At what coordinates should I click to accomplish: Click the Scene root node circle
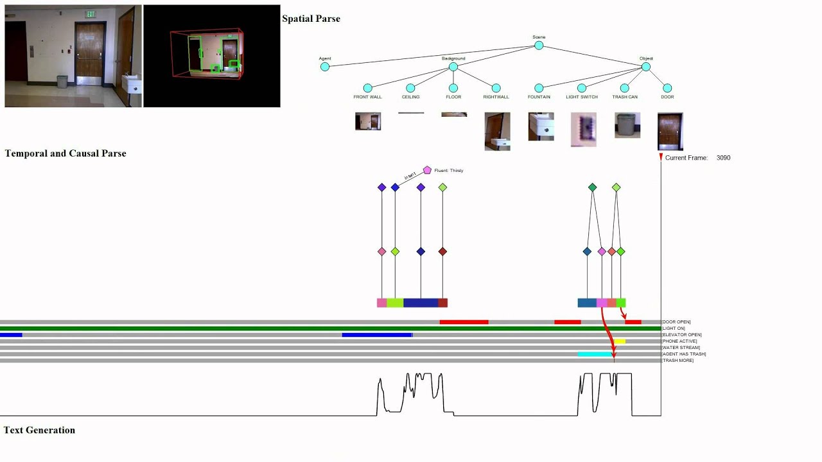(539, 46)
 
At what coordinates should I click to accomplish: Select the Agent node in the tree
(325, 67)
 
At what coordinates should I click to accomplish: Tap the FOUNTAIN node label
(539, 97)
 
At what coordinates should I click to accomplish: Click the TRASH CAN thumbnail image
(627, 125)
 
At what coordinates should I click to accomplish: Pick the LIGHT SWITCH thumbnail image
(583, 130)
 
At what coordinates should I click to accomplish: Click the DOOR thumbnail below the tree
(670, 132)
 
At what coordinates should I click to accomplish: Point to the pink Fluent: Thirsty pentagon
(427, 170)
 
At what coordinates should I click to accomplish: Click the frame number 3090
(723, 158)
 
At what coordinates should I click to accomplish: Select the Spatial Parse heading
(311, 19)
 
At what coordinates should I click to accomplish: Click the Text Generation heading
(39, 430)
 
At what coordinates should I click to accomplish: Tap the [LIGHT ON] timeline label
(674, 329)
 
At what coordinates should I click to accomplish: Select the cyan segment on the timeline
(595, 354)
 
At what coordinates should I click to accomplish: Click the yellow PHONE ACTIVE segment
(619, 341)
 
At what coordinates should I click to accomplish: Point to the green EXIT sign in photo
(91, 14)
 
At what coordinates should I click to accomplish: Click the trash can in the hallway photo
(62, 81)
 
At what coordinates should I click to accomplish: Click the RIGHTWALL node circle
(496, 88)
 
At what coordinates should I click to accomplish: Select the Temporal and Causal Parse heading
(66, 153)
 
